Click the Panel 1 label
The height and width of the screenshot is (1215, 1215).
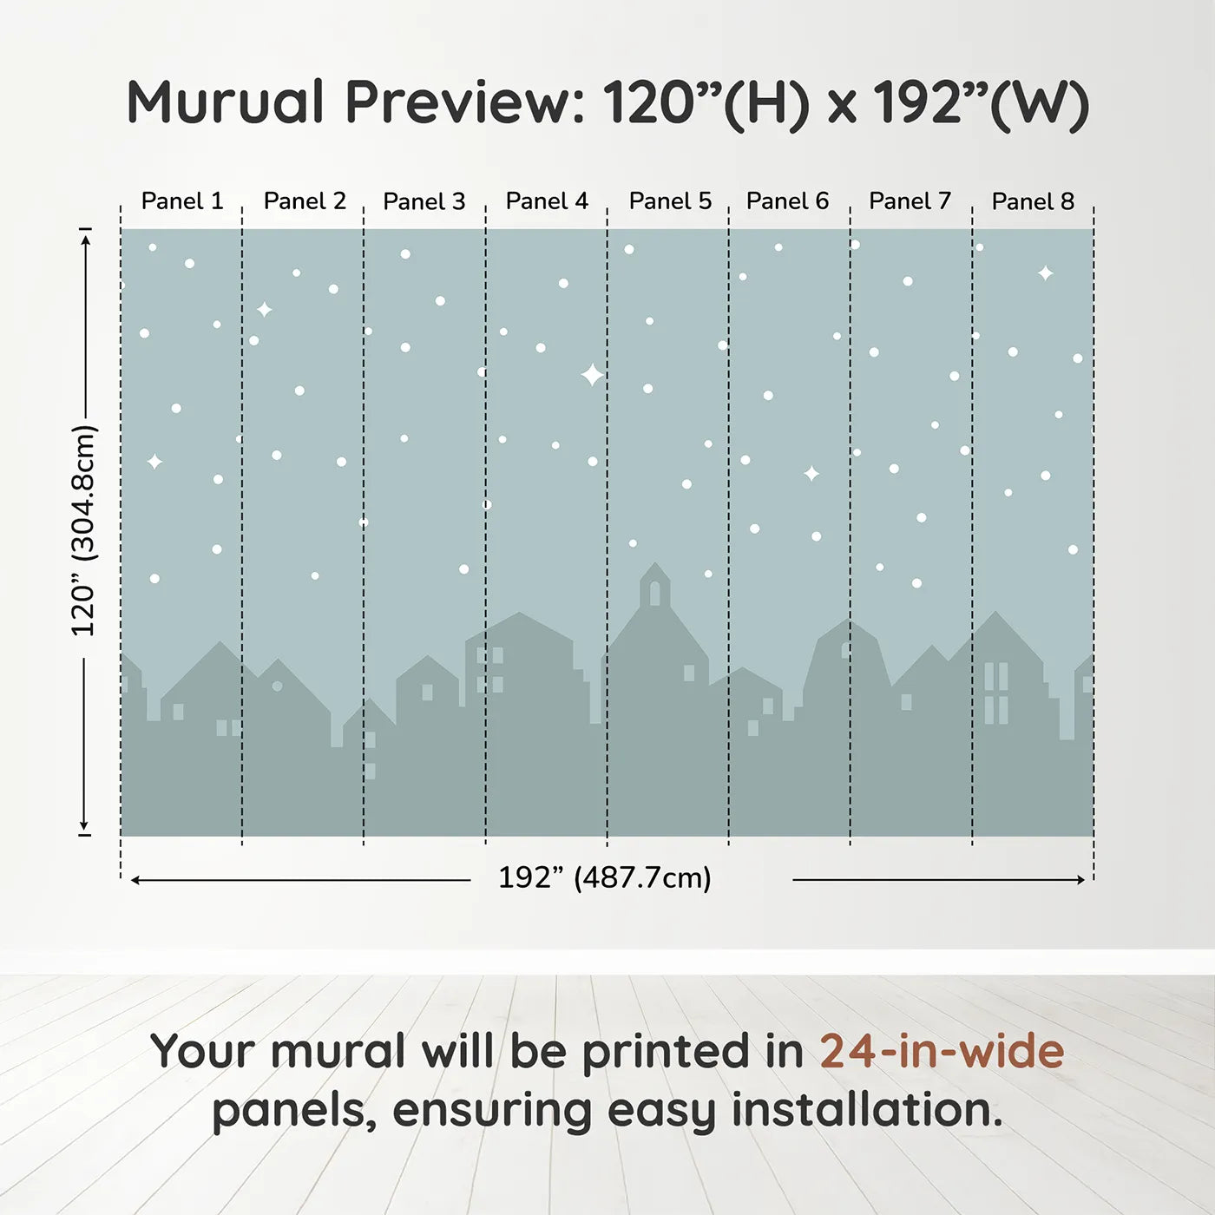tap(182, 201)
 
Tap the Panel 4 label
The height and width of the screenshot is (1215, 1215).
tap(547, 201)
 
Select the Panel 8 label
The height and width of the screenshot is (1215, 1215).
tap(1033, 201)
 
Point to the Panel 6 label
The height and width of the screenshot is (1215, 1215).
tap(787, 201)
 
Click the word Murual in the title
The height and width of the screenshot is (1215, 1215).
tap(226, 102)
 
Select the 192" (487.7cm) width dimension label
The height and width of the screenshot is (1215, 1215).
tap(605, 877)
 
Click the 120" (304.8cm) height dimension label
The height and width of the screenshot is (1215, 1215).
tap(84, 530)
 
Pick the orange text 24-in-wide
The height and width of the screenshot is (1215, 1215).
tap(942, 1051)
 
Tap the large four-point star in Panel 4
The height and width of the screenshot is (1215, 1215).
tap(592, 375)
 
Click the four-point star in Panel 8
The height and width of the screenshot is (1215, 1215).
tap(1046, 273)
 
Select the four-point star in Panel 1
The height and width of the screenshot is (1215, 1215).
tap(154, 462)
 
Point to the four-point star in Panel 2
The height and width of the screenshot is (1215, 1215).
tap(265, 309)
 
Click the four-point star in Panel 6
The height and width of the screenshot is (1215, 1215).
tap(811, 474)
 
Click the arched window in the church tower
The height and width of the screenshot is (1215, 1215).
tap(655, 593)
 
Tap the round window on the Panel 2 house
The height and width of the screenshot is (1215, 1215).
tap(277, 686)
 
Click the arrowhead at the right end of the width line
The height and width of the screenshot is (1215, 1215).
tap(1080, 880)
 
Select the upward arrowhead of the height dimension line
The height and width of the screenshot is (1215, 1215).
tap(85, 239)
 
